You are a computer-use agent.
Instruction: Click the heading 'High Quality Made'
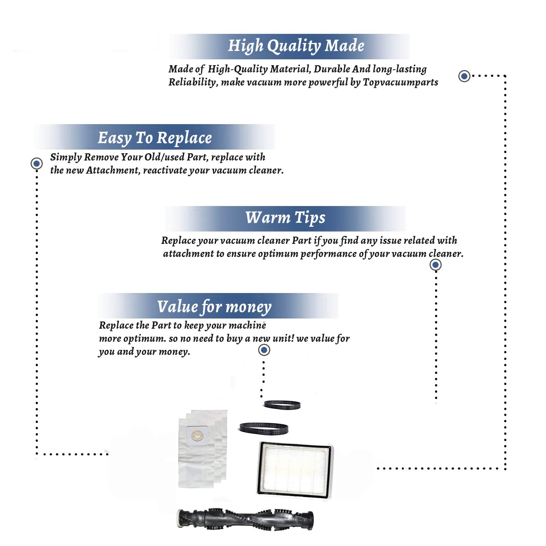tap(296, 46)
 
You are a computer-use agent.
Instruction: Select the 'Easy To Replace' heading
tap(155, 138)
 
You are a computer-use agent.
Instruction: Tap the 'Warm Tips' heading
tap(285, 218)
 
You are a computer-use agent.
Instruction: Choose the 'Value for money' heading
tap(214, 307)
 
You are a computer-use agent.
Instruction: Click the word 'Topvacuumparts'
tap(400, 83)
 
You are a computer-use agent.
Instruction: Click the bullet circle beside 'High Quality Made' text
tap(464, 76)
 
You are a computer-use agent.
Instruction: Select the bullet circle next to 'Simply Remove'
tap(36, 163)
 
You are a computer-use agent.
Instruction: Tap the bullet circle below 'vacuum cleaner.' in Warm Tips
tap(435, 265)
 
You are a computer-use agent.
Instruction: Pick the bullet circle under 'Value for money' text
tap(264, 350)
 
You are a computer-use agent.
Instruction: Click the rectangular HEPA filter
tap(295, 469)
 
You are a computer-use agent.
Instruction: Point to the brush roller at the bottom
tap(245, 519)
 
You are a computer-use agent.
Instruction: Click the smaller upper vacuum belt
tap(282, 404)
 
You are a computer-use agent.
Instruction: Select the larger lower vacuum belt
tap(264, 428)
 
